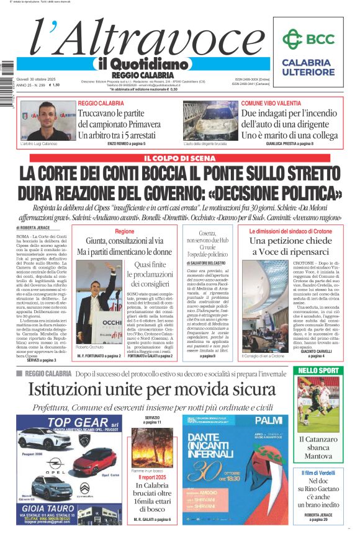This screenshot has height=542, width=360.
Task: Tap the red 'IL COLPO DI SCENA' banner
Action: click(179, 158)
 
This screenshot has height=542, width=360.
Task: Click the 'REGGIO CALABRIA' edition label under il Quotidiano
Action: click(133, 75)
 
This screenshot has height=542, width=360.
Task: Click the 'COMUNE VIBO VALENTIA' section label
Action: click(269, 103)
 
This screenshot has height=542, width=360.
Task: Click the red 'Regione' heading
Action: click(124, 231)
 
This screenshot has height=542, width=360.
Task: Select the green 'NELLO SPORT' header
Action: click(317, 371)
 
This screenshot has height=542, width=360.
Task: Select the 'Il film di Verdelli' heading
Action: click(318, 473)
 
